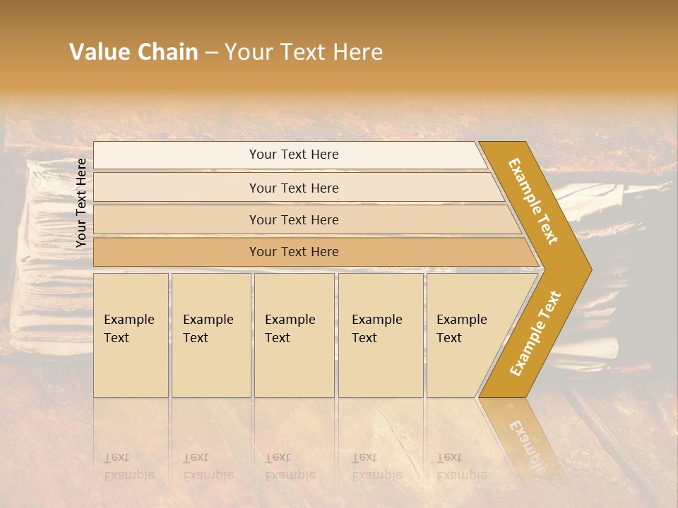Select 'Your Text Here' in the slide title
pyautogui.click(x=303, y=52)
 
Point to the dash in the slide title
pyautogui.click(x=211, y=53)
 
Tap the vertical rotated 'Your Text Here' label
pyautogui.click(x=81, y=202)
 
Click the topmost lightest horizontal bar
pyautogui.click(x=293, y=155)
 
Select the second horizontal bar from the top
pyautogui.click(x=293, y=188)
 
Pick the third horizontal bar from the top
pyautogui.click(x=293, y=219)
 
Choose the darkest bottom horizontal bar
pyautogui.click(x=293, y=252)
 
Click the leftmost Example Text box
pyautogui.click(x=131, y=335)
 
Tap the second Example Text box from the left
pyautogui.click(x=210, y=335)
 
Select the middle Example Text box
pyautogui.click(x=294, y=335)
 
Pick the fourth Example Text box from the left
pyautogui.click(x=380, y=335)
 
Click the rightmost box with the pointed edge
pyautogui.click(x=466, y=335)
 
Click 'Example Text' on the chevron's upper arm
pyautogui.click(x=533, y=201)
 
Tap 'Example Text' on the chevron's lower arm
pyautogui.click(x=535, y=334)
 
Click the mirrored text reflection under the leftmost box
pyautogui.click(x=129, y=466)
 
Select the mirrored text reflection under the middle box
pyautogui.click(x=290, y=466)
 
